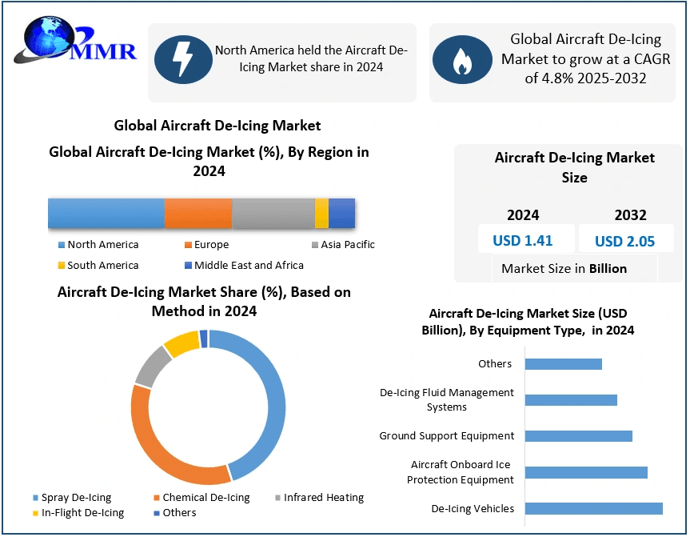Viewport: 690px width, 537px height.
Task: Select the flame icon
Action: click(461, 60)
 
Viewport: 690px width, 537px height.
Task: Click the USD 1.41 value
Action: click(522, 241)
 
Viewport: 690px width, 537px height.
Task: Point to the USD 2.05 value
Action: click(624, 241)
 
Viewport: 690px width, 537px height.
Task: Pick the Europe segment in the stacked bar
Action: click(198, 214)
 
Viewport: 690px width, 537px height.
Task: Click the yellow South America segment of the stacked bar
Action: click(321, 214)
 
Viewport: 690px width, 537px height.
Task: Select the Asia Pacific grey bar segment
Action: click(273, 214)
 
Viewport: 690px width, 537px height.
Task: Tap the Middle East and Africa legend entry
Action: click(244, 266)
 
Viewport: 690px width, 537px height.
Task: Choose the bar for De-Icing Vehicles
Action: click(593, 508)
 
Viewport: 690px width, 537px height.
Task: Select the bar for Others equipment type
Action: click(563, 364)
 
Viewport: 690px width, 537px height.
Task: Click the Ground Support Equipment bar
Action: click(578, 436)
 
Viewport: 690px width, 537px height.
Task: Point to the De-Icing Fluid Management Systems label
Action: click(447, 400)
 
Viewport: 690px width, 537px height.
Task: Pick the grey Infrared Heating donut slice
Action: click(151, 366)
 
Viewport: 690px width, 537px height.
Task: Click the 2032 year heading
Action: click(630, 215)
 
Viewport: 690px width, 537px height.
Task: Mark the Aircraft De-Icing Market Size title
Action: click(574, 167)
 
